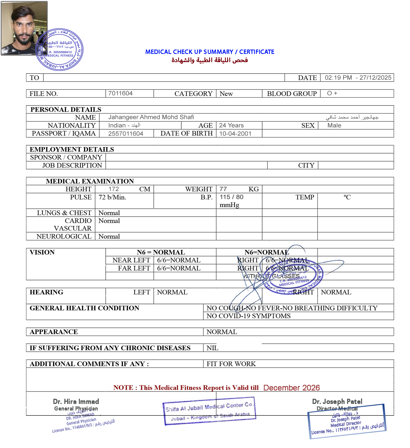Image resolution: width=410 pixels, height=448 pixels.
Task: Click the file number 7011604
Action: pos(120,93)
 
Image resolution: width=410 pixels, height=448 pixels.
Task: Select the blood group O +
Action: pos(332,93)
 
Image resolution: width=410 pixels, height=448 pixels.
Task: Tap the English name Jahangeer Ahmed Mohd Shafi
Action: pos(151,117)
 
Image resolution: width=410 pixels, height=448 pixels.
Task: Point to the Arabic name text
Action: pos(352,117)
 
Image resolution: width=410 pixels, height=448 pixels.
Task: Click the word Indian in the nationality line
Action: pos(117,125)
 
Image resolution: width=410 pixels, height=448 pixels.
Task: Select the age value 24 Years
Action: pos(231,125)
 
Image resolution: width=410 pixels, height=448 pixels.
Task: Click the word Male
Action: pos(334,125)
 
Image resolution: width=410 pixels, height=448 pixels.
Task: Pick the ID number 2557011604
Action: pos(125,134)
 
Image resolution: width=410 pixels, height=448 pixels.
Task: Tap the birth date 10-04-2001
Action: pos(235,134)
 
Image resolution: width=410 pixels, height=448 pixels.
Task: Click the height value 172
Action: pos(114,189)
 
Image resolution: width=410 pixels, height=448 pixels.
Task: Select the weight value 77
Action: pos(223,189)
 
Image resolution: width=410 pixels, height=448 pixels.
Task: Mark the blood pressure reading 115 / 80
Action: pos(232,197)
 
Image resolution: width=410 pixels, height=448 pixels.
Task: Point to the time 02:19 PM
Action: pos(338,77)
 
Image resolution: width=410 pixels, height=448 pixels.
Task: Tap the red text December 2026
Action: pos(291,388)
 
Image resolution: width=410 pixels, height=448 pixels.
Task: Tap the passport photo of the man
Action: pos(24,28)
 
